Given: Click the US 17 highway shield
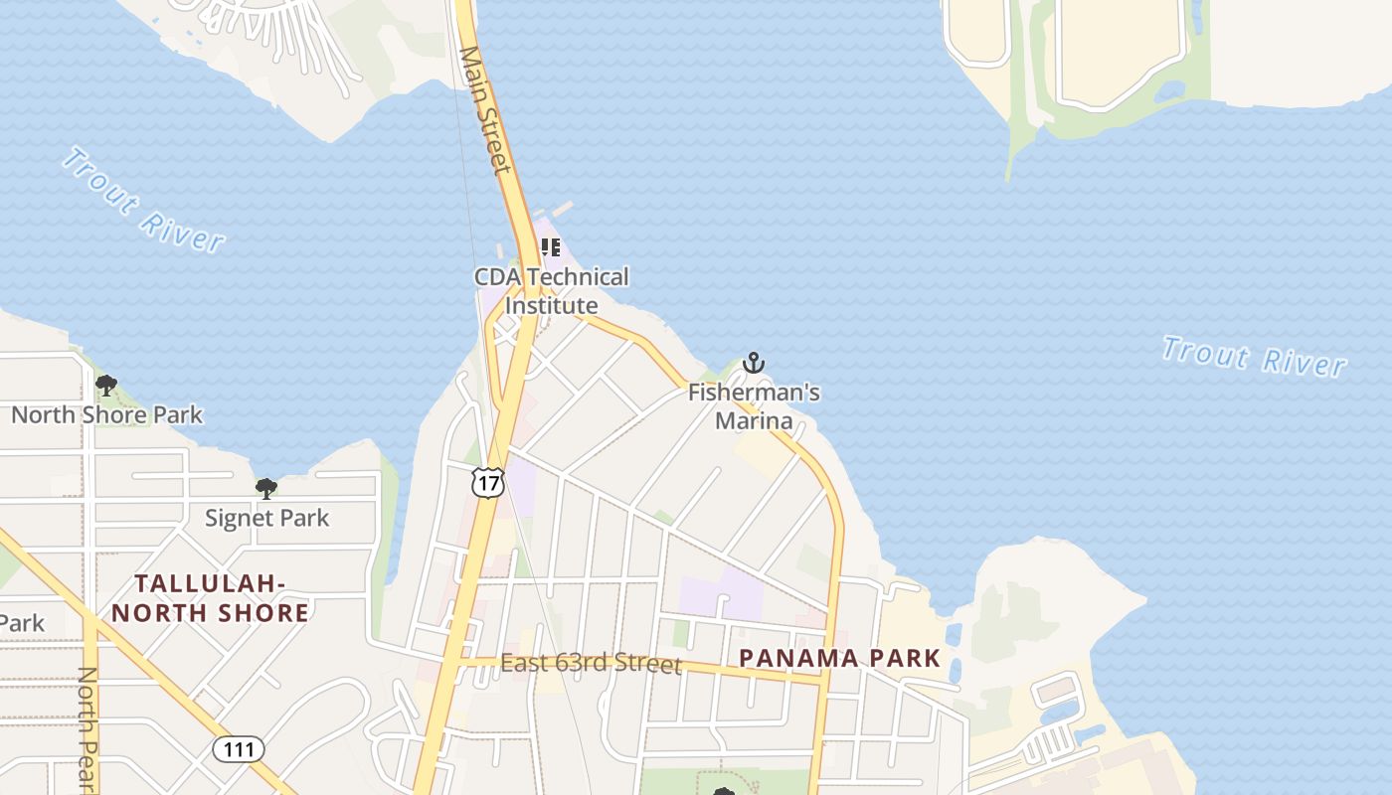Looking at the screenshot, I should pos(488,483).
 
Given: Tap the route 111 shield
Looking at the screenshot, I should pos(239,749).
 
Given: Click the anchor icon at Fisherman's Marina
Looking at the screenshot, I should pos(754,363).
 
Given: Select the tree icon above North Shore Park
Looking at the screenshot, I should pos(106,386).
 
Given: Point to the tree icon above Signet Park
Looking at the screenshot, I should pos(265,488).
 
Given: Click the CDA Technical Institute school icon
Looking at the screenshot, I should pos(550,247).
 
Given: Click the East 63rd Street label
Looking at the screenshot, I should pos(591,663).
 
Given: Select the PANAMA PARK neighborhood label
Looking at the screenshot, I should pos(840,658).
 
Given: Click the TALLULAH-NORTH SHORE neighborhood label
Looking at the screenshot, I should pos(210,597).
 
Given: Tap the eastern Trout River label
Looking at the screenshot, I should pos(1255,357).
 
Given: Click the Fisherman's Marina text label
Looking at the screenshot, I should pos(754,406).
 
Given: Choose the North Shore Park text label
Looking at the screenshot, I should pos(106,414).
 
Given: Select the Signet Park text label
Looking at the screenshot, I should pos(266,518).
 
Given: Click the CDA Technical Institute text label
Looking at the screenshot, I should pos(552,291).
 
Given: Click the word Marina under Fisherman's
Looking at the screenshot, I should pos(754,421).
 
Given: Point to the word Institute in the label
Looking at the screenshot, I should pos(552,306).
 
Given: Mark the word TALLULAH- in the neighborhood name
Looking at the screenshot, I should pos(210,583).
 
